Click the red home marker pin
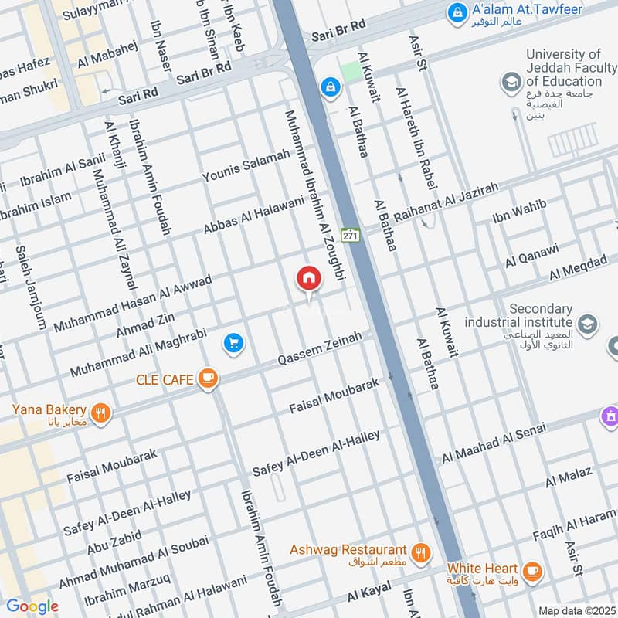coord(308,279)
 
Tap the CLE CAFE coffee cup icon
coord(207,378)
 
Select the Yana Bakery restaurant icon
coord(100,414)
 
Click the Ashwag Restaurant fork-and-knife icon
coord(420,552)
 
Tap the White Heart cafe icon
coord(531,571)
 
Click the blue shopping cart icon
coord(233,344)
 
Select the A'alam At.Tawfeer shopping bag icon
coord(458,12)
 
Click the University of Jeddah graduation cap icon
coord(510,80)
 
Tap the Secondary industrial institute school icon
coord(586,324)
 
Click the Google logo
coord(32,606)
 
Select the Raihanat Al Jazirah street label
coord(447,205)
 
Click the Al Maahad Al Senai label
coord(494,444)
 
